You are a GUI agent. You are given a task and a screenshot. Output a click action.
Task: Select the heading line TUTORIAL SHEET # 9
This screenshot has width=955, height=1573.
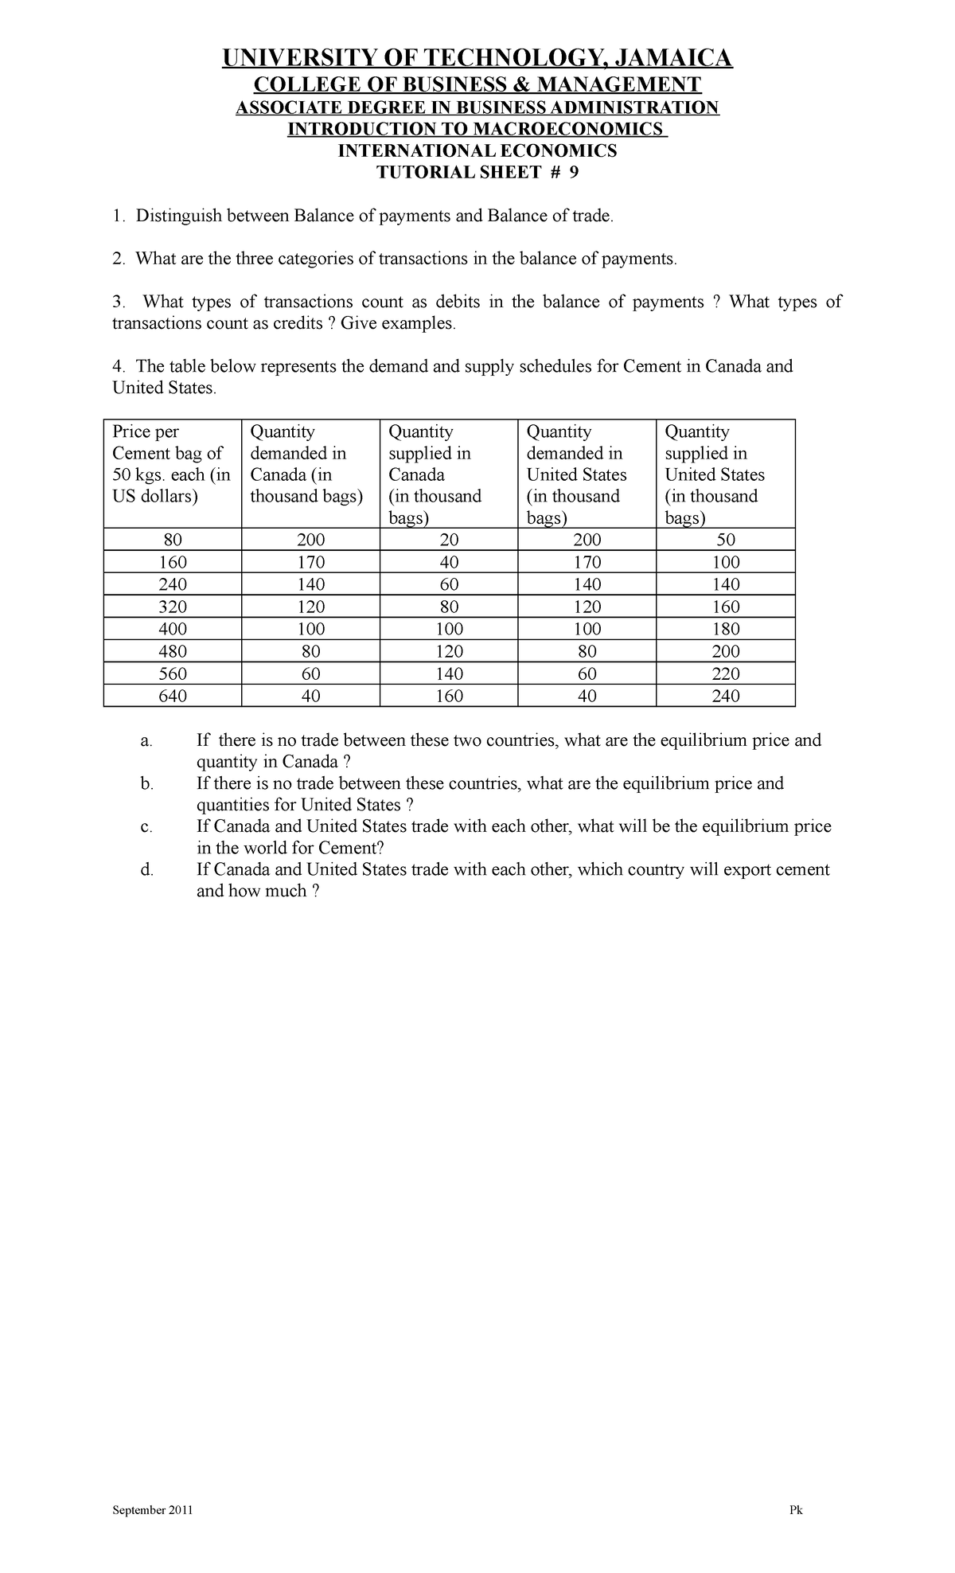(x=477, y=174)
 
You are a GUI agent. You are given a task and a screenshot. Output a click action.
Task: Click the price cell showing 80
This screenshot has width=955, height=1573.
(x=173, y=540)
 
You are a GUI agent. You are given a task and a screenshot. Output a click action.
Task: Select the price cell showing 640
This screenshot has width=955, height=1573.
(x=173, y=696)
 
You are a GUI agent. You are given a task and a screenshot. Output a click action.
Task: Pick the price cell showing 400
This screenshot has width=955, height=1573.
(x=173, y=629)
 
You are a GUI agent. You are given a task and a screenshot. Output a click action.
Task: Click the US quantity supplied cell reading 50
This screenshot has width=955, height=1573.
(x=726, y=540)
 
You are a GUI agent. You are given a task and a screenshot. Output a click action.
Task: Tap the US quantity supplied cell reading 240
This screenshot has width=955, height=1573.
(x=726, y=696)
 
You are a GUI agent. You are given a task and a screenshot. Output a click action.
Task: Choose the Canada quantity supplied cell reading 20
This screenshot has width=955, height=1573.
(x=449, y=540)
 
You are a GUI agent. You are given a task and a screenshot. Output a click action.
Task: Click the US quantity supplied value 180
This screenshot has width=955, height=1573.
(x=726, y=629)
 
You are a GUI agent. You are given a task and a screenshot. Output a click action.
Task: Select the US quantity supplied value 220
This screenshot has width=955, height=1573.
(x=726, y=673)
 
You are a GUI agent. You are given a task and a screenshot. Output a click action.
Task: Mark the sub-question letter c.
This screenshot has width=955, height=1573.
(x=145, y=827)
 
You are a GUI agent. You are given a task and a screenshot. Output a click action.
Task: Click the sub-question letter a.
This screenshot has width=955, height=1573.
(x=145, y=741)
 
